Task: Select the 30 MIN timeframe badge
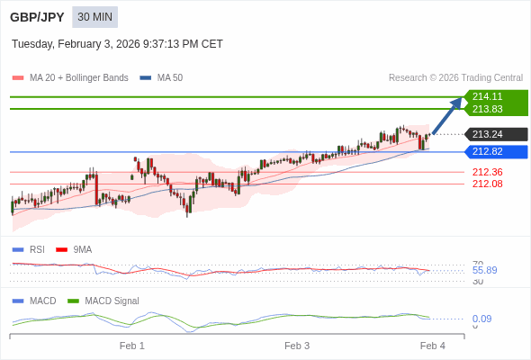pyautogui.click(x=94, y=17)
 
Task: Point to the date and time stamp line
pyautogui.click(x=117, y=44)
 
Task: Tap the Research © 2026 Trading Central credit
pyautogui.click(x=455, y=78)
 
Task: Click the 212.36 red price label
pyautogui.click(x=487, y=172)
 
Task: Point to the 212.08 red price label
pyautogui.click(x=487, y=184)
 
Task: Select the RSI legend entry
pyautogui.click(x=36, y=249)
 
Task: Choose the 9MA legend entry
pyautogui.click(x=82, y=249)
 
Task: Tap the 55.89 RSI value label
pyautogui.click(x=484, y=270)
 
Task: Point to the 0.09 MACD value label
pyautogui.click(x=481, y=319)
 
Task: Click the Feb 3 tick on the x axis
pyautogui.click(x=297, y=346)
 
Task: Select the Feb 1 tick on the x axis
pyautogui.click(x=132, y=346)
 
